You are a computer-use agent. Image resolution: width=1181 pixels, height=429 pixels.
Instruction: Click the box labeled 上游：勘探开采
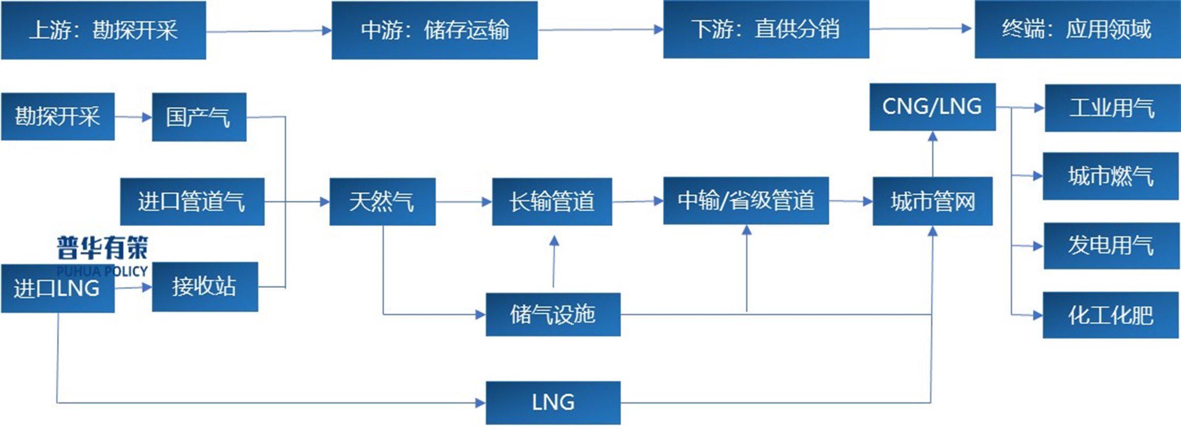click(x=103, y=30)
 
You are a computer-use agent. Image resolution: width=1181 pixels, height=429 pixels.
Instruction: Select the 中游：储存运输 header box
click(x=434, y=30)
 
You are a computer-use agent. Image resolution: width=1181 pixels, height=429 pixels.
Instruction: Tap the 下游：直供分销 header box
click(x=766, y=30)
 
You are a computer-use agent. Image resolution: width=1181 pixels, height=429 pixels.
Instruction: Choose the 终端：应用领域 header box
click(x=1077, y=30)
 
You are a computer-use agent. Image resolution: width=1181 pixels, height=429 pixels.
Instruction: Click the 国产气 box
click(x=199, y=117)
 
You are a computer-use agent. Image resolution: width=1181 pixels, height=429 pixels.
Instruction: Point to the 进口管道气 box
click(x=192, y=202)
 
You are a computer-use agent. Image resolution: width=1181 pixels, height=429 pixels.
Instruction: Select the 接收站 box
click(x=205, y=286)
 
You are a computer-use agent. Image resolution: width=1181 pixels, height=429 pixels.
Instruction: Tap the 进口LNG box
click(x=58, y=288)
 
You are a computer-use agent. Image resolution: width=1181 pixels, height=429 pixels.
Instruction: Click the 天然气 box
click(x=382, y=202)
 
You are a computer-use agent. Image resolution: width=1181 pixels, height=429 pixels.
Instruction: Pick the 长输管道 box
click(x=552, y=202)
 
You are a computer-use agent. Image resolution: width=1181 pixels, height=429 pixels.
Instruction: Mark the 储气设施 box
click(x=553, y=314)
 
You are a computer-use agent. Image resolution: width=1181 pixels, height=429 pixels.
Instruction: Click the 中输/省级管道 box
click(x=746, y=201)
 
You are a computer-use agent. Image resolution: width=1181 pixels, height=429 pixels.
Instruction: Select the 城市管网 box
click(x=932, y=201)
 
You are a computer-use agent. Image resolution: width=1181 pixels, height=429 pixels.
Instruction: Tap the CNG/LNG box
click(x=932, y=107)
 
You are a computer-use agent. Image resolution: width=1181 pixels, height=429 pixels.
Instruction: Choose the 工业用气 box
click(x=1112, y=108)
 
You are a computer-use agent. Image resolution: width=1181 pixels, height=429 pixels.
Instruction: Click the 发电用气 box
click(x=1111, y=245)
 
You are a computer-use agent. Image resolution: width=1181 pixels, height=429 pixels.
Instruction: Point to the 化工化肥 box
click(x=1111, y=315)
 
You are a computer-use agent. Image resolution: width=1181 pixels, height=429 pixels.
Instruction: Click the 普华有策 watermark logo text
click(x=102, y=247)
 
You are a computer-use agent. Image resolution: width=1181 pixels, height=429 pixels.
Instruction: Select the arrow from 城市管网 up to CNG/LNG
click(x=932, y=153)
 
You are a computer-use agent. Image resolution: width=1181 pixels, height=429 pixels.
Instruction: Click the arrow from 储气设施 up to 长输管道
click(x=554, y=261)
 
